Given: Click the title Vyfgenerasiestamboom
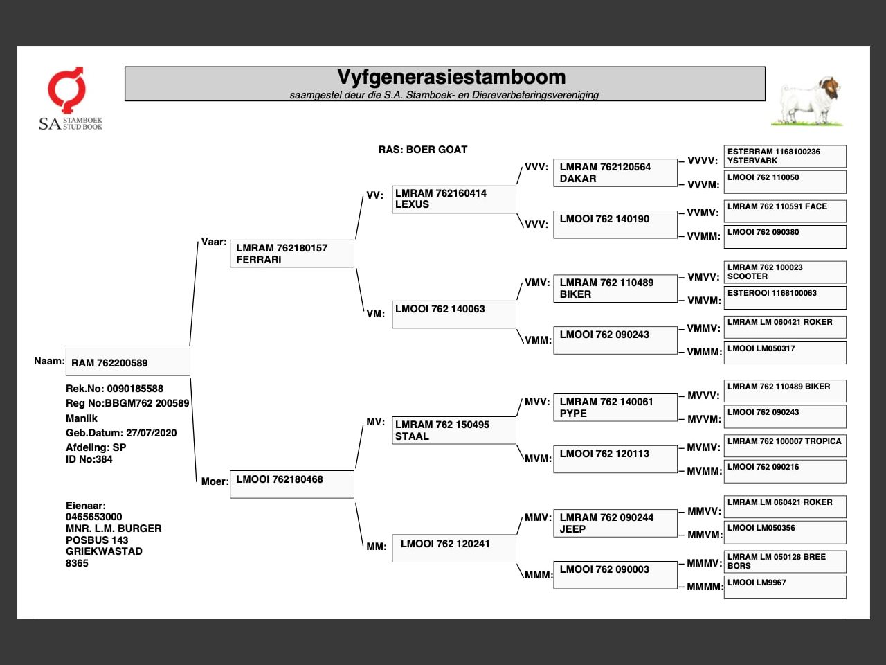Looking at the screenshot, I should point(451,77).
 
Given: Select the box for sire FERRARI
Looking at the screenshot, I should point(291,254).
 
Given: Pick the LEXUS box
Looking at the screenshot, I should point(453,199).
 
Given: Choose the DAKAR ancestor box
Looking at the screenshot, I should point(615,172).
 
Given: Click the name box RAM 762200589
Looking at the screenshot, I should point(127,362).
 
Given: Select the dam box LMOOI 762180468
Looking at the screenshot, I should point(291,484).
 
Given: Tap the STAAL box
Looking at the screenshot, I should point(453,430).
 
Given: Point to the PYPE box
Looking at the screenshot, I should point(615,407).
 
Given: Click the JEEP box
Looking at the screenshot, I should point(615,523).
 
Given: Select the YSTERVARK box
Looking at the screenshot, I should point(784,156).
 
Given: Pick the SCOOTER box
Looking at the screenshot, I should point(784,272).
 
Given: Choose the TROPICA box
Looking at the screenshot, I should point(784,445).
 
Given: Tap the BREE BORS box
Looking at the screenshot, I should point(784,561).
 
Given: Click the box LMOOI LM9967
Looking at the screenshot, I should point(784,587).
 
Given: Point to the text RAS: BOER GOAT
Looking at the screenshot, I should point(422,150).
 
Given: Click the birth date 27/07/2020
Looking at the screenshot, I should point(151,433).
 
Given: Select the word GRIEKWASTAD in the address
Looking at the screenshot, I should point(104,551).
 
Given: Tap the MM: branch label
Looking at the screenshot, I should point(376,547).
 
